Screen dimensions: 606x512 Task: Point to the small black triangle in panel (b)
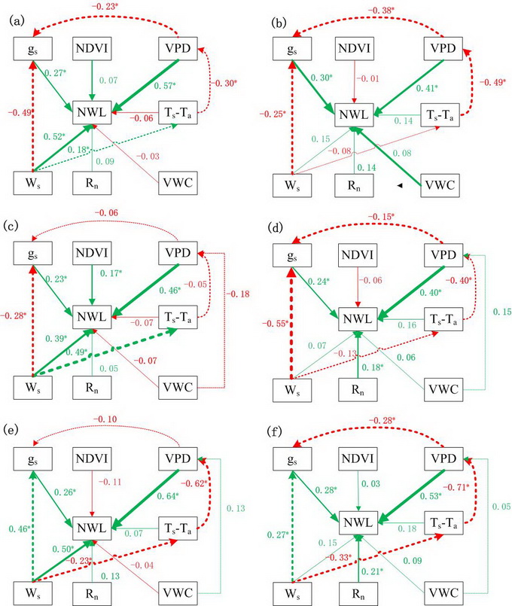click(400, 184)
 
